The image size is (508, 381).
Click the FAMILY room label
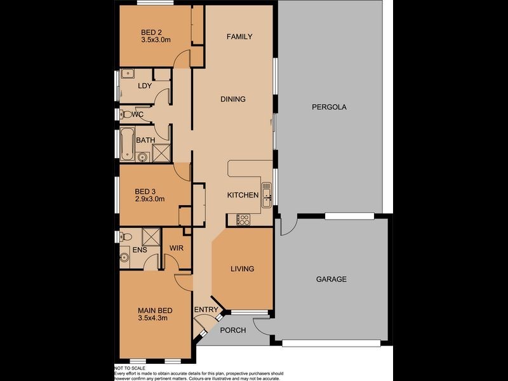(x=239, y=37)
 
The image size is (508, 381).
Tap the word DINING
(x=232, y=99)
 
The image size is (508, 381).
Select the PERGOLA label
(x=329, y=107)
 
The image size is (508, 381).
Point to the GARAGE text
(x=331, y=279)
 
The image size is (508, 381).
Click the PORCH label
(x=232, y=330)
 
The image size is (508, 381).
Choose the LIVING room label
(x=242, y=269)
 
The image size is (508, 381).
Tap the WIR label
(x=177, y=248)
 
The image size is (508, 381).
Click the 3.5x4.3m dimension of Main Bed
(x=152, y=318)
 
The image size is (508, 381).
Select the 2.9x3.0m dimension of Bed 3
(x=149, y=199)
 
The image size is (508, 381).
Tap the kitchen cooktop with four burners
(x=243, y=220)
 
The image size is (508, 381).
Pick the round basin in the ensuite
(x=124, y=257)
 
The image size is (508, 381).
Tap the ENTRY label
(x=206, y=309)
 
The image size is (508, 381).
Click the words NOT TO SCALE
(x=130, y=368)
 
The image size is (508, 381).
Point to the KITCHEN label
(x=243, y=195)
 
